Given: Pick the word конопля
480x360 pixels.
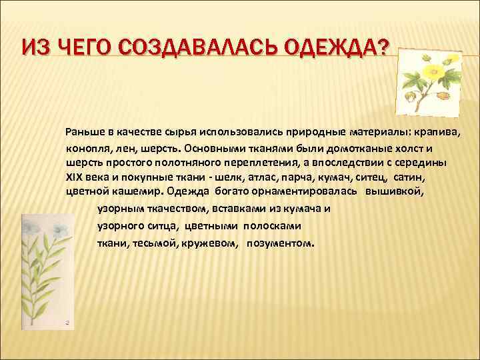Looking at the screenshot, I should pos(86,147).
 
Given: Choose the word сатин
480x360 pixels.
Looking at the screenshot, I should pos(407,177).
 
